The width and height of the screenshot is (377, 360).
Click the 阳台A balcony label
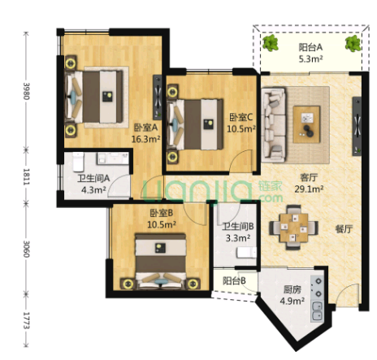[x=310, y=47]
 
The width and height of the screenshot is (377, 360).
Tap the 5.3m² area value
[x=310, y=59]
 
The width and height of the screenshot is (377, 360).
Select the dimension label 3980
[x=26, y=91]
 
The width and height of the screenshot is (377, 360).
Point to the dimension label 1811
[x=26, y=176]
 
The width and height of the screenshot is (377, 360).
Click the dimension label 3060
[x=26, y=249]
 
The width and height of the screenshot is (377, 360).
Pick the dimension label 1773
[x=26, y=320]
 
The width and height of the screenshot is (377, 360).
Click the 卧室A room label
[x=146, y=128]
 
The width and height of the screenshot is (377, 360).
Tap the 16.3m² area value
[x=145, y=139]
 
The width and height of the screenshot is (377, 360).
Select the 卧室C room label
[x=240, y=117]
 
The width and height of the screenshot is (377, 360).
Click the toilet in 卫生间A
[x=78, y=162]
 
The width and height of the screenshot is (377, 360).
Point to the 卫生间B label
[x=237, y=227]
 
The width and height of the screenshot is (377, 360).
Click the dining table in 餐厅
[x=294, y=228]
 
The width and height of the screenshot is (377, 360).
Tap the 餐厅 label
[x=344, y=229]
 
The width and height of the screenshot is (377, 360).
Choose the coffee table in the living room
[x=306, y=124]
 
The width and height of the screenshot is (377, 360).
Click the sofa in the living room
[x=274, y=124]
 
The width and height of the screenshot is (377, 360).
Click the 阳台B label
[x=234, y=281]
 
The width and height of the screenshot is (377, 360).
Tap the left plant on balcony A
[x=271, y=43]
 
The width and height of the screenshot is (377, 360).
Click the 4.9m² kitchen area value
[x=292, y=301]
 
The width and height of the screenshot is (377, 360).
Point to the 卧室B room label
[x=162, y=213]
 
